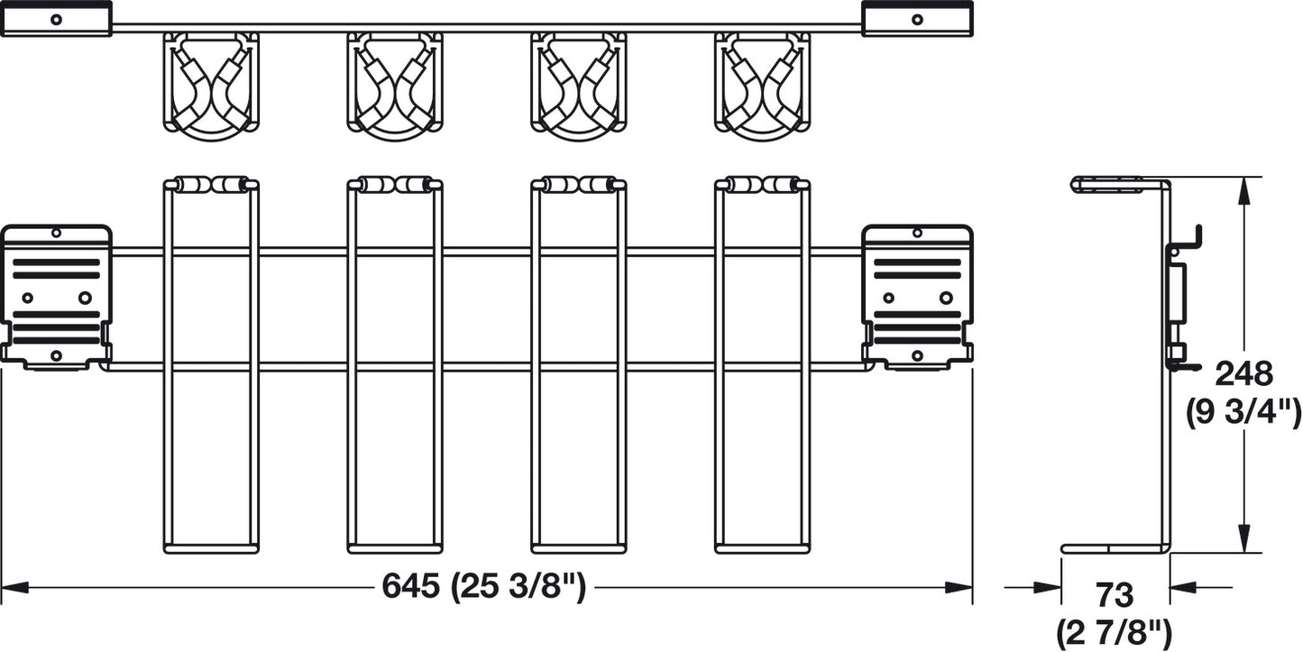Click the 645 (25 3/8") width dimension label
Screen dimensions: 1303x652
483,586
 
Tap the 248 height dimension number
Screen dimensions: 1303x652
1243,374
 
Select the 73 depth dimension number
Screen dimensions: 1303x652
1115,595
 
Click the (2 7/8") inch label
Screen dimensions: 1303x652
1114,633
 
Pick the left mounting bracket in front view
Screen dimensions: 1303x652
56,298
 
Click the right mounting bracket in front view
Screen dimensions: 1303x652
917,298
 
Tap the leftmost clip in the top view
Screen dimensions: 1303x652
211,86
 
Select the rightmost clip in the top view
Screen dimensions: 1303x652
763,86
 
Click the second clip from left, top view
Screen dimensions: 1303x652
395,86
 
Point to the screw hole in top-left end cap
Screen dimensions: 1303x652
56,20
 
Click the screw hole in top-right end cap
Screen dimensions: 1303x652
917,20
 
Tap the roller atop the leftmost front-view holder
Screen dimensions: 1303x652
211,185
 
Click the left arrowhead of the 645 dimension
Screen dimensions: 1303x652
15,587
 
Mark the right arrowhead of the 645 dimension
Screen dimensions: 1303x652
959,587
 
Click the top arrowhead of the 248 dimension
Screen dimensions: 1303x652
1243,191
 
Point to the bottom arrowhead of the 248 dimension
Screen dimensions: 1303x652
1243,538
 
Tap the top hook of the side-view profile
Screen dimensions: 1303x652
1187,238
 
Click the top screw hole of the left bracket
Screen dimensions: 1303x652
56,234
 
